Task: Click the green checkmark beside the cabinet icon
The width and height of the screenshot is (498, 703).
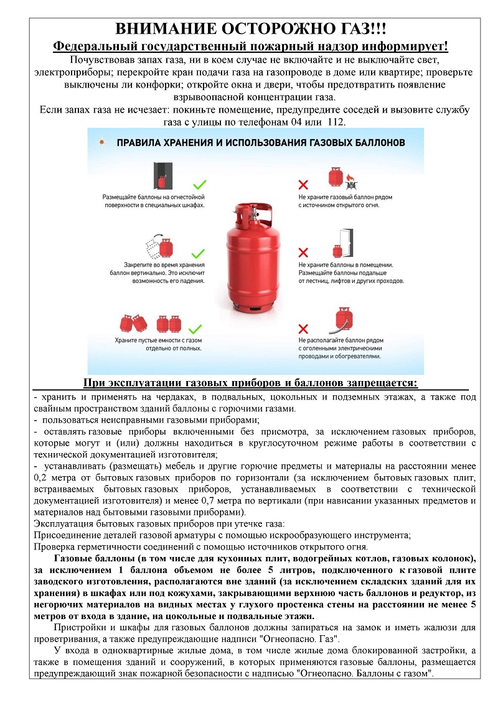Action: tap(199, 184)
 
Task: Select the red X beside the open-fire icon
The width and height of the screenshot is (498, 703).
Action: tap(303, 185)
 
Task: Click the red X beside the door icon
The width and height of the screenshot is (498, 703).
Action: tap(303, 252)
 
